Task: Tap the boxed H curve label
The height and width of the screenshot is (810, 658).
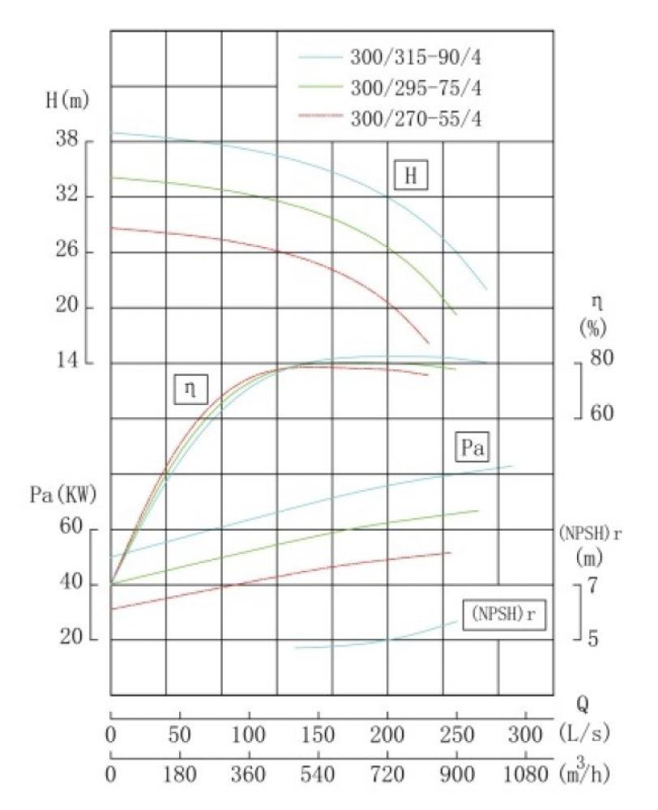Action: pos(410,176)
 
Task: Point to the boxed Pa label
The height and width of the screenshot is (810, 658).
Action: pos(472,447)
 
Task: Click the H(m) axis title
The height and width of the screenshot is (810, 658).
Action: pos(66,101)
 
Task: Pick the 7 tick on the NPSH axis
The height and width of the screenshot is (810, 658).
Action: pos(592,585)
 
